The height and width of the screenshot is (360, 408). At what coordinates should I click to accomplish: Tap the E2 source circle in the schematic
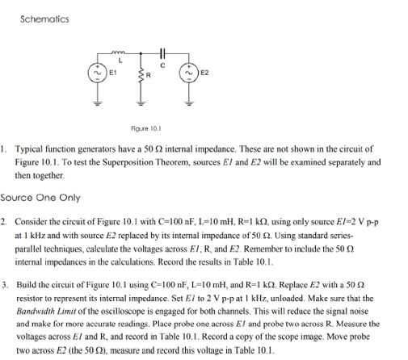(x=189, y=72)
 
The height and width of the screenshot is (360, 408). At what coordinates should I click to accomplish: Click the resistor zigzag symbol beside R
(x=142, y=75)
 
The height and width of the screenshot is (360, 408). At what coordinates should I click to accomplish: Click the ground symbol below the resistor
(x=142, y=102)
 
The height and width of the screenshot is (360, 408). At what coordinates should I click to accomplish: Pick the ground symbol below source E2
(x=189, y=102)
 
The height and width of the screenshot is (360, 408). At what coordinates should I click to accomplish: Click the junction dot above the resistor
(x=142, y=56)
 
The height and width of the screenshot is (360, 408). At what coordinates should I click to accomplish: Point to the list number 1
(x=4, y=150)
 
